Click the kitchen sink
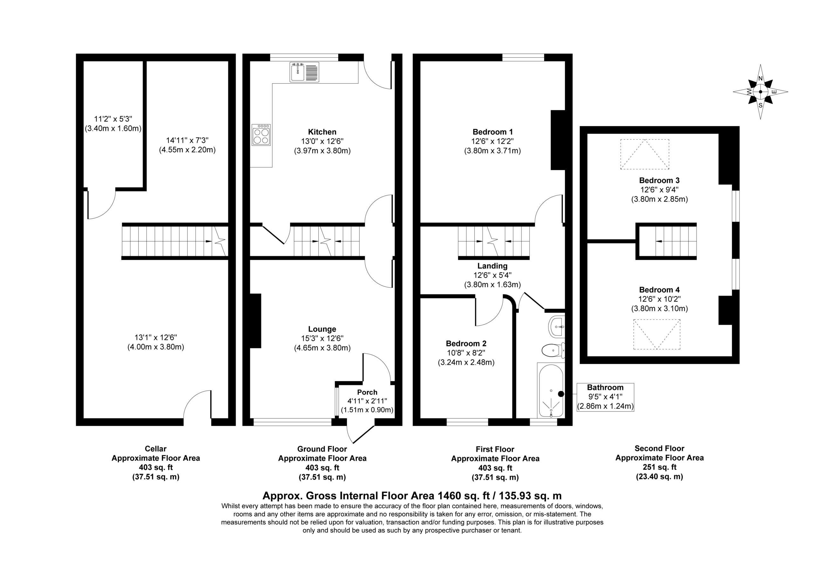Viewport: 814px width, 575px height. point(305,72)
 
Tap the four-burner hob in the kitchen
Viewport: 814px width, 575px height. point(261,135)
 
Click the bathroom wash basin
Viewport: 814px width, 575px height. point(556,326)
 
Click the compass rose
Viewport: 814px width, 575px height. point(761,92)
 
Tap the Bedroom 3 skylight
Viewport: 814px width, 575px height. point(645,154)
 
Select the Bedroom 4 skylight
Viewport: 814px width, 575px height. point(657,334)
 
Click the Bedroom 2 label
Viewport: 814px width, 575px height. point(466,344)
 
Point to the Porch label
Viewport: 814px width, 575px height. point(367,392)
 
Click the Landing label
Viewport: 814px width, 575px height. point(492,266)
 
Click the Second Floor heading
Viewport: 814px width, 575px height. point(659,448)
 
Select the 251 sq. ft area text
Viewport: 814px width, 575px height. point(659,467)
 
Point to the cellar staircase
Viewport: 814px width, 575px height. point(175,242)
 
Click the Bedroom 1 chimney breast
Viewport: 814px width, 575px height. point(557,140)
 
